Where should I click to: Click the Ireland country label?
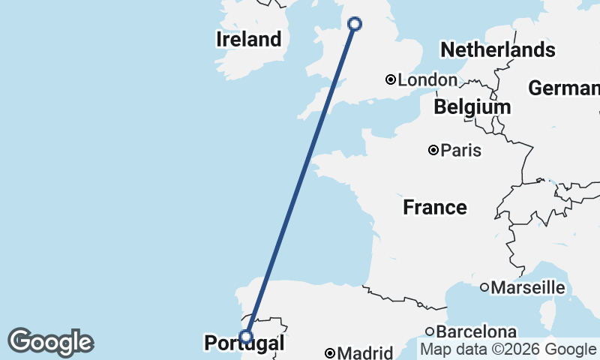(x=248, y=39)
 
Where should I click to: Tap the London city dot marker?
(x=391, y=79)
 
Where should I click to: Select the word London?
(x=427, y=79)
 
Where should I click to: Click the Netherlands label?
(x=498, y=50)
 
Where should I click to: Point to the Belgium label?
(x=472, y=107)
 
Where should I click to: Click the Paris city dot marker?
(x=433, y=150)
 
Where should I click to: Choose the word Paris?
(x=460, y=151)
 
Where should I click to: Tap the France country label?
(x=435, y=207)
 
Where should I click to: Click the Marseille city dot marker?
(x=484, y=286)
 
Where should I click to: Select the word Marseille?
(x=527, y=286)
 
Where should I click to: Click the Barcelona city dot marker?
(x=430, y=331)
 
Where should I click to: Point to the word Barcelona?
(x=477, y=331)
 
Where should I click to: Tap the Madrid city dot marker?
(x=330, y=352)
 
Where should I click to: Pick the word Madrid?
(x=365, y=352)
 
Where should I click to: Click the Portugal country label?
(x=244, y=344)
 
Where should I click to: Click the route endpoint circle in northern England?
(x=355, y=24)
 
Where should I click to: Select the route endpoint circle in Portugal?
(x=246, y=336)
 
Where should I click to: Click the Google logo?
(x=50, y=342)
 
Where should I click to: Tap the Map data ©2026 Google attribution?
(x=508, y=349)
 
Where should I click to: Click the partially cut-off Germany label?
(x=563, y=88)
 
